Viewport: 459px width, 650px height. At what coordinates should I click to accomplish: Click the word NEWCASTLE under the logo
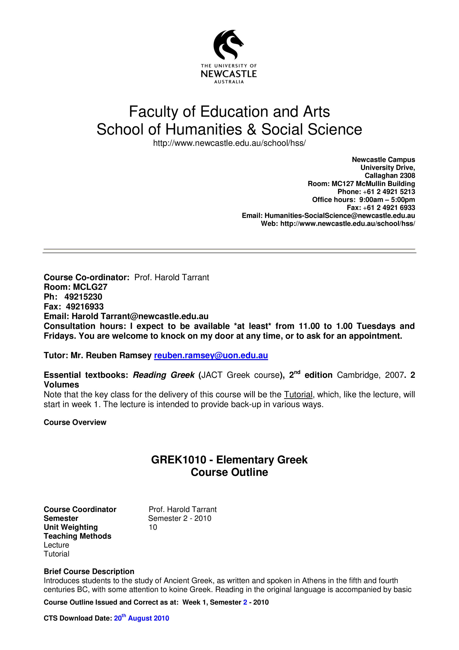point(229,74)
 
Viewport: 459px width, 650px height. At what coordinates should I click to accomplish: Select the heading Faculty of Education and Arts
point(229,112)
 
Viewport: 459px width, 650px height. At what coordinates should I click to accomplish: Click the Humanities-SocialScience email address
point(340,216)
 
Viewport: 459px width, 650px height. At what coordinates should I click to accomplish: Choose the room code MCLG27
point(90,287)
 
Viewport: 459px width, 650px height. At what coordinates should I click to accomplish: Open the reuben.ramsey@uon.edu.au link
point(211,355)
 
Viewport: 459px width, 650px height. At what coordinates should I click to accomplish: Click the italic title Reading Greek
point(163,375)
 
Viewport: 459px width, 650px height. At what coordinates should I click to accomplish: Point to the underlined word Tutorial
point(298,394)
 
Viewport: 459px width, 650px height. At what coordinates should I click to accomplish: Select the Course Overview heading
point(75,422)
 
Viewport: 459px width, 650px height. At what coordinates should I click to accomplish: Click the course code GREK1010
point(179,460)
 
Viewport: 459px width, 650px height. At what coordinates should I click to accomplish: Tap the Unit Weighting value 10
point(153,527)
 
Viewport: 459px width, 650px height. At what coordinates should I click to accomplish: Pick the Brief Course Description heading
point(89,571)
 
